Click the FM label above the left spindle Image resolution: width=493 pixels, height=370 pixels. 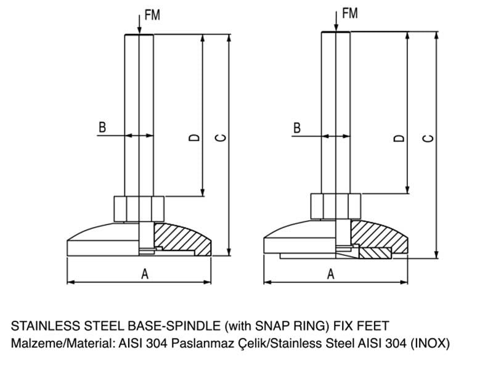(152, 14)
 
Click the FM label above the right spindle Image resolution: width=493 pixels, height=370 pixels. (349, 12)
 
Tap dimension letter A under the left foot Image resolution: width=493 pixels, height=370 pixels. (145, 274)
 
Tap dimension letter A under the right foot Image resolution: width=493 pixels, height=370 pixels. (330, 274)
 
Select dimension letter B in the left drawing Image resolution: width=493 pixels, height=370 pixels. (103, 128)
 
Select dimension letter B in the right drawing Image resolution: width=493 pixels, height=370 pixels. (296, 128)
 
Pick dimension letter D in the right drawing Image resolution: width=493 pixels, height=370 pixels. (399, 138)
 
